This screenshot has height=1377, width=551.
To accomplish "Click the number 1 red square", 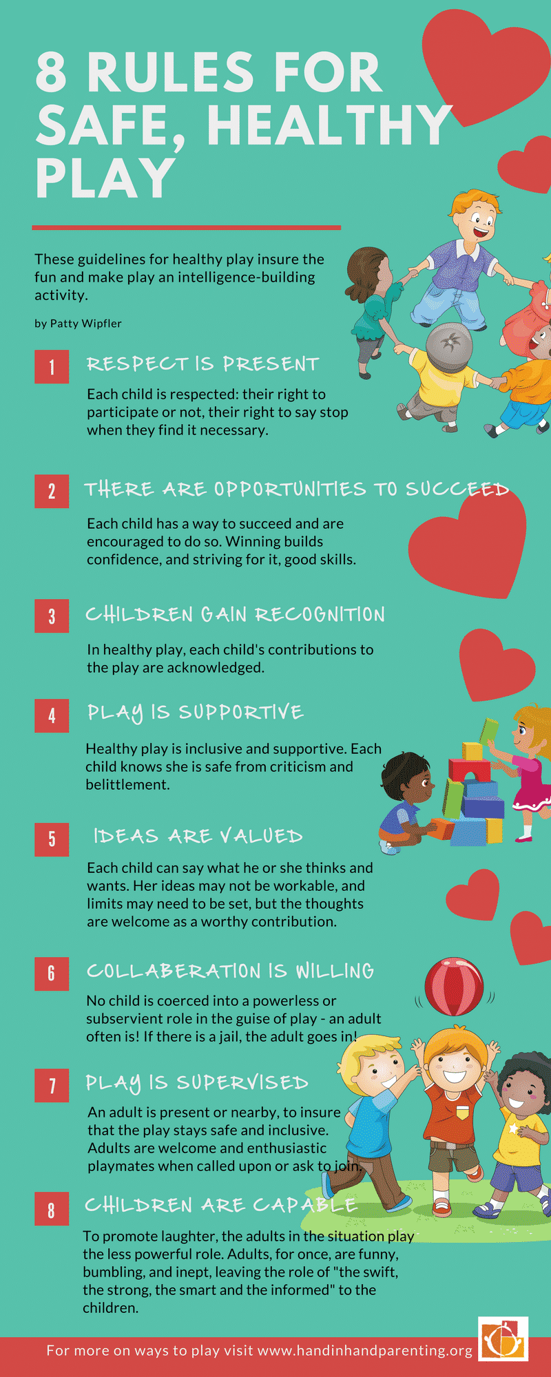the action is (x=52, y=366).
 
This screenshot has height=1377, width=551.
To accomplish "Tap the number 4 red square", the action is (x=52, y=715).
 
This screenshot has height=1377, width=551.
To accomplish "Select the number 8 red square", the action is (x=52, y=1208).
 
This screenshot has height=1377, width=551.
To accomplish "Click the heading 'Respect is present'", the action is (x=202, y=364).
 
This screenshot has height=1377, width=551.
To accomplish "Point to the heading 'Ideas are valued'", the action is (x=198, y=836).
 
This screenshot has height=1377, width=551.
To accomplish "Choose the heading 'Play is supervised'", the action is (x=197, y=1084).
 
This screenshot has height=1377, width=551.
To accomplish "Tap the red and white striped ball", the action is (x=454, y=986).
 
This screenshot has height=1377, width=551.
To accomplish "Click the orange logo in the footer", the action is (x=503, y=1339).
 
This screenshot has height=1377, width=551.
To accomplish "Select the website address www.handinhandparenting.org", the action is (x=365, y=1350).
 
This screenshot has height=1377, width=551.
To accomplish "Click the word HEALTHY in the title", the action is (x=329, y=125).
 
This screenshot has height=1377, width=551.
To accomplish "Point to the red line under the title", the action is (x=187, y=227).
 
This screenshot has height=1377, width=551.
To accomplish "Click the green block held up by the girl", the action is (x=489, y=729).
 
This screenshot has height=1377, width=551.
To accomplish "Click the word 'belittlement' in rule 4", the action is (x=127, y=784).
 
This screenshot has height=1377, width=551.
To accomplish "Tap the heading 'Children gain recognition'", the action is (x=235, y=614).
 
